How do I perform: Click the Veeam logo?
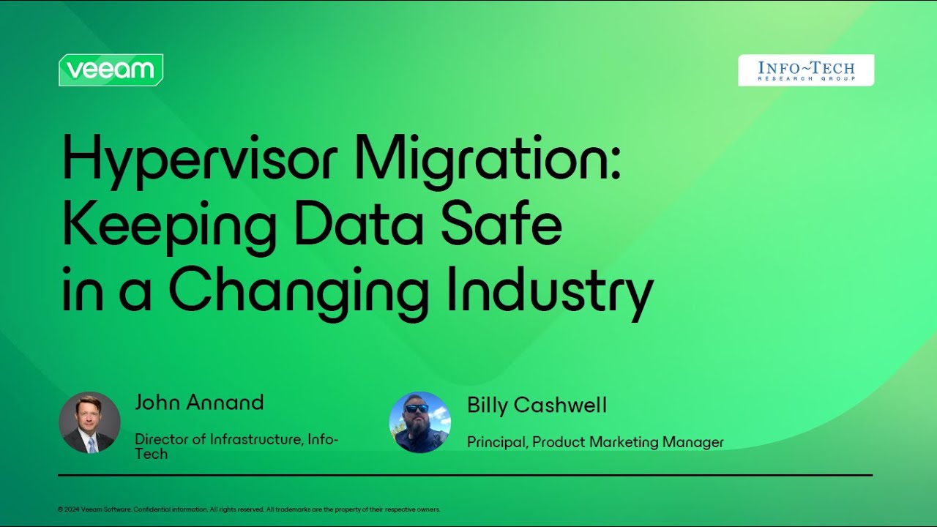click(x=111, y=70)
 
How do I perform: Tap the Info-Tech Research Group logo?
click(x=806, y=70)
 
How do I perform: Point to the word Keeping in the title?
click(x=169, y=227)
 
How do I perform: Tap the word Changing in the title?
click(x=299, y=294)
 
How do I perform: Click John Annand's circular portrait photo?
click(x=89, y=422)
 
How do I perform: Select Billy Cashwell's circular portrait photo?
click(x=420, y=422)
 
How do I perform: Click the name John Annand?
click(x=199, y=402)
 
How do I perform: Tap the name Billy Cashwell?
click(x=537, y=405)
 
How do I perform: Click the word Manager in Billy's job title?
click(x=693, y=442)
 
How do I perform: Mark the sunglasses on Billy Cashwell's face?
click(x=417, y=408)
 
